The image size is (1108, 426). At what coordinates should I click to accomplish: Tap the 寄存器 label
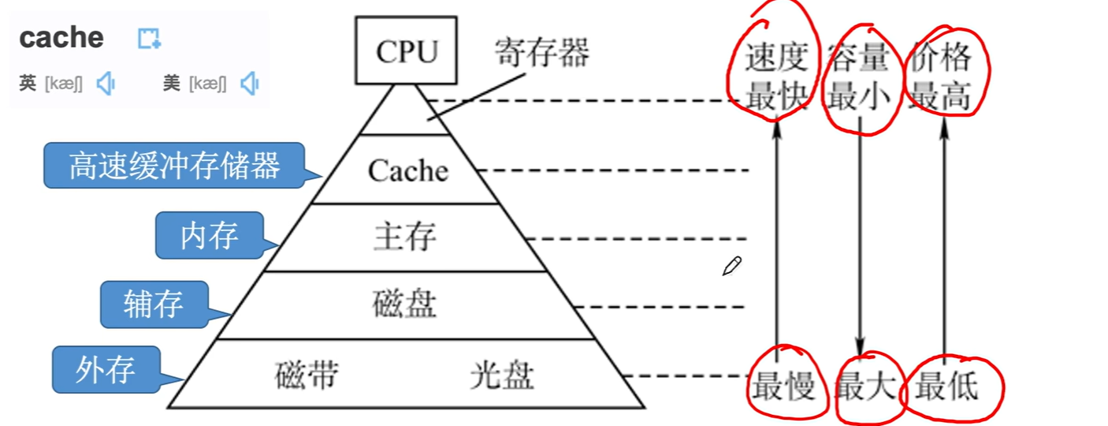(541, 54)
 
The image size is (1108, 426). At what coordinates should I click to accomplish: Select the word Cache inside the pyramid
(407, 170)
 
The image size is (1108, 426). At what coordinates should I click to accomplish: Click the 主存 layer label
(404, 237)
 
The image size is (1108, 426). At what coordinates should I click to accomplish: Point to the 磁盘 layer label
(404, 304)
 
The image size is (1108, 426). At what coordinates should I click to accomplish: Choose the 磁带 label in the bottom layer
(307, 375)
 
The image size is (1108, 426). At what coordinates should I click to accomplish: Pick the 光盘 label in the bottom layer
(502, 375)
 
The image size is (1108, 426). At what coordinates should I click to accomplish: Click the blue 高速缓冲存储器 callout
(173, 166)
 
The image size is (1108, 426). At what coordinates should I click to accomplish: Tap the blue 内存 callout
(208, 235)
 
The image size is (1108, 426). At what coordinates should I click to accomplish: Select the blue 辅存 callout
(153, 304)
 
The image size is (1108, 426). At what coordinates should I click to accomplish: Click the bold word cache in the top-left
(61, 37)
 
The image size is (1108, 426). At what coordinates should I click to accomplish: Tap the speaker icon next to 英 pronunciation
(106, 83)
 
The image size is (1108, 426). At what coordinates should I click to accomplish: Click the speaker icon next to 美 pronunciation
(250, 83)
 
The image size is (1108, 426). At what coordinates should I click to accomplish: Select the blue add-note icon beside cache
(149, 38)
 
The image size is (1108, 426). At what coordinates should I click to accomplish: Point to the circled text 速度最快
(777, 77)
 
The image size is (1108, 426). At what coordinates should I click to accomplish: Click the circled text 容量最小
(859, 77)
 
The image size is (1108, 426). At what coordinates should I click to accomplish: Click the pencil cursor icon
(731, 267)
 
